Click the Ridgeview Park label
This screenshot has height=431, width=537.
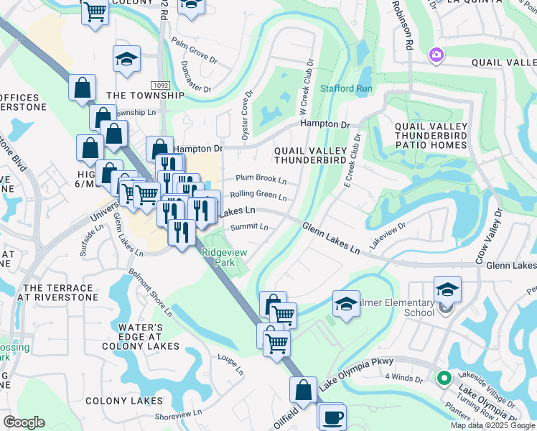coord(225,257)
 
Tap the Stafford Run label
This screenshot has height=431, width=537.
coord(347,88)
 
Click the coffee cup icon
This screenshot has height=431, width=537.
coord(331,416)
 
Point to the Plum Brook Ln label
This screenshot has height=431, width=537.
coord(261,180)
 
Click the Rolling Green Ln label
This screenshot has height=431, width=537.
coord(258,195)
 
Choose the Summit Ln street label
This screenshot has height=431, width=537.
coord(249,227)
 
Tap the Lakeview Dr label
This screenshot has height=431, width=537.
coord(388,234)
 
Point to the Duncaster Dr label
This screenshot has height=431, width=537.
coord(197,80)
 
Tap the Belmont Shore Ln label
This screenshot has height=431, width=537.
coord(150,292)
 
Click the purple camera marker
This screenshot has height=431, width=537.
coord(436,55)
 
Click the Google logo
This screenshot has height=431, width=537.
coord(24,422)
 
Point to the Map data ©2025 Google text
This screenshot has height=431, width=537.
coord(491,425)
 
